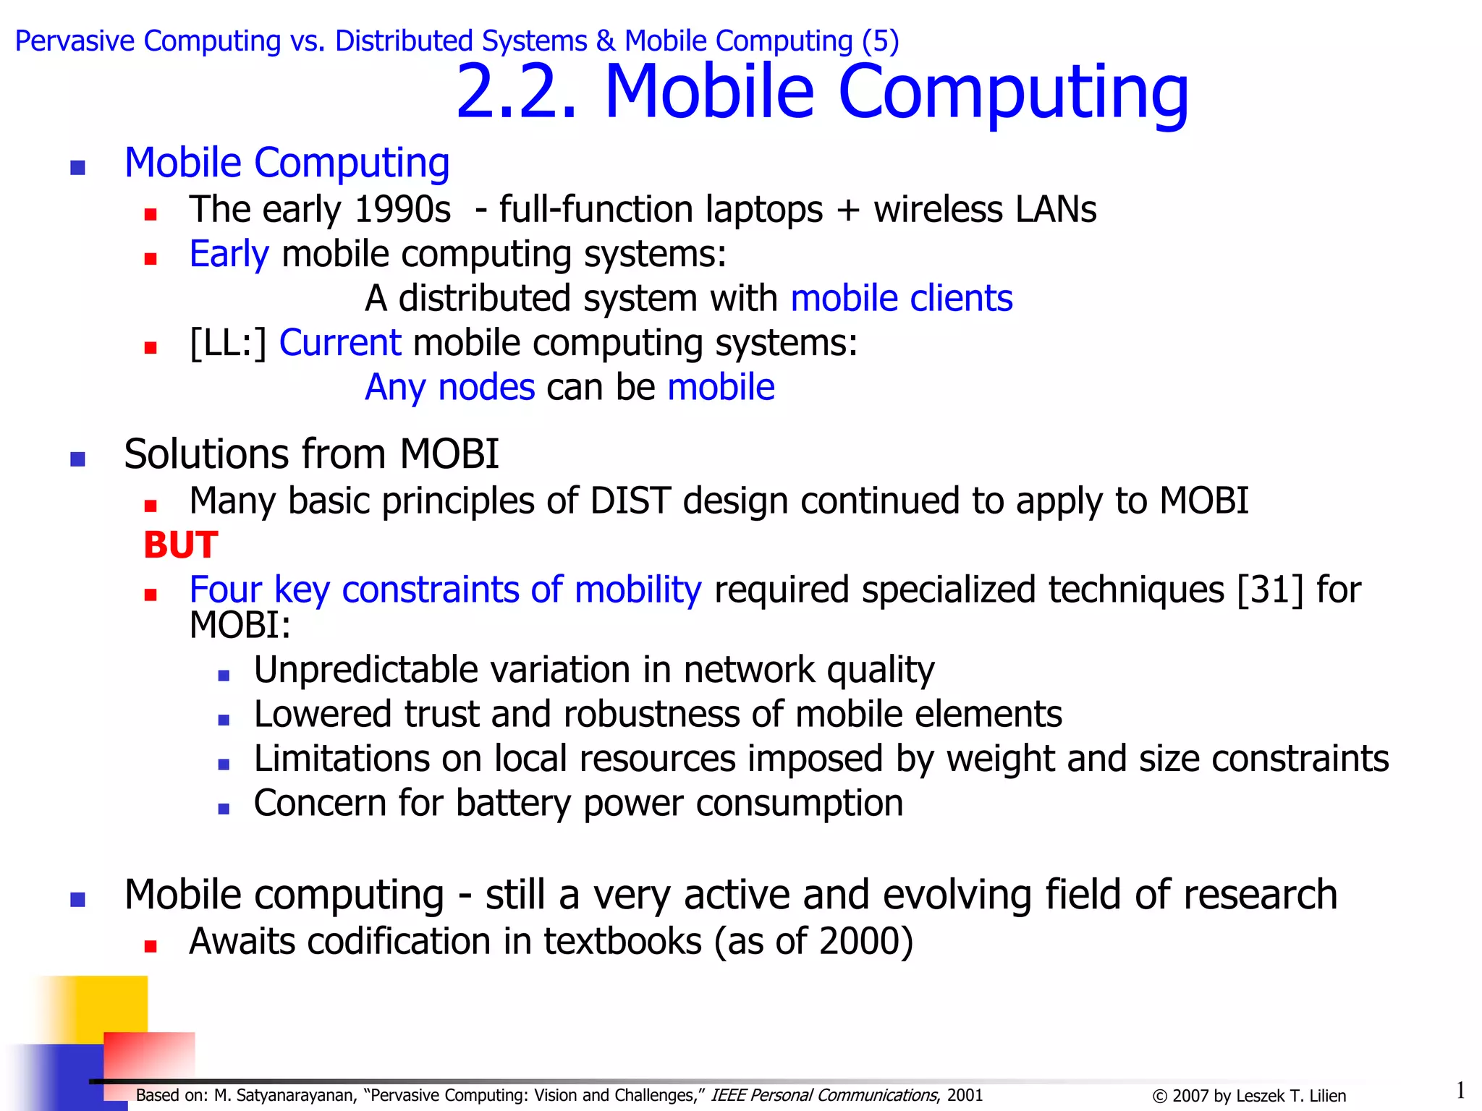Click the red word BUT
pyautogui.click(x=180, y=545)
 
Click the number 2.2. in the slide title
pyautogui.click(x=517, y=92)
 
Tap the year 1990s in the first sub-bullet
pyautogui.click(x=402, y=210)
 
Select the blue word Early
pyautogui.click(x=229, y=255)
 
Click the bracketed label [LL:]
pyautogui.click(x=228, y=343)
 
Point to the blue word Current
pyautogui.click(x=340, y=343)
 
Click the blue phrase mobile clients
pyautogui.click(x=902, y=299)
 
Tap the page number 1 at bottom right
pyautogui.click(x=1460, y=1089)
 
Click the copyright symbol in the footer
pyautogui.click(x=1159, y=1097)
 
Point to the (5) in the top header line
pyautogui.click(x=880, y=41)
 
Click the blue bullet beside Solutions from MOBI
pyautogui.click(x=78, y=459)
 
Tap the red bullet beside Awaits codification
pyautogui.click(x=151, y=945)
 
